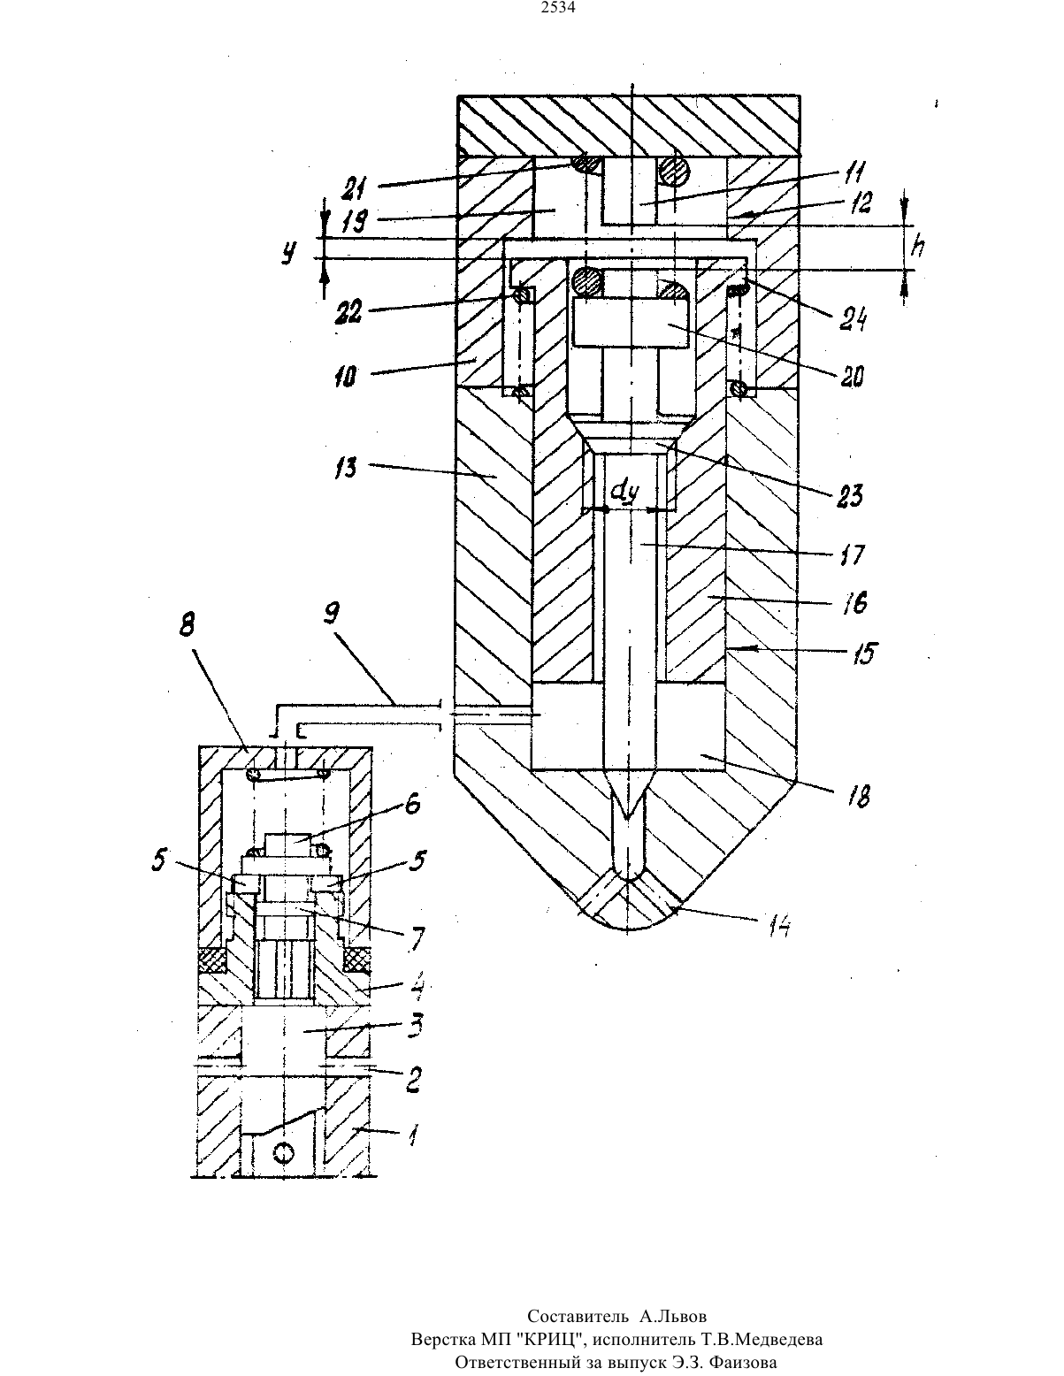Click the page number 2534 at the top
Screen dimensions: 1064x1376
coord(558,8)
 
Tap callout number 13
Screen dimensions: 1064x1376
coord(346,468)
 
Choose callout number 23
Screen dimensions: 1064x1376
coord(849,495)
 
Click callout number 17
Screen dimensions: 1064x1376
coord(852,554)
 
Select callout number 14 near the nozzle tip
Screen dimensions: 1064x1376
coord(778,927)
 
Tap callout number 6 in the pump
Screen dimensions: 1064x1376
coord(412,804)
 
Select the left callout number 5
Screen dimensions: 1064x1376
coord(160,860)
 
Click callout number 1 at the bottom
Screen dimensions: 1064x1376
coord(412,1136)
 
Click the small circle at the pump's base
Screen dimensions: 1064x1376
coord(284,1152)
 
